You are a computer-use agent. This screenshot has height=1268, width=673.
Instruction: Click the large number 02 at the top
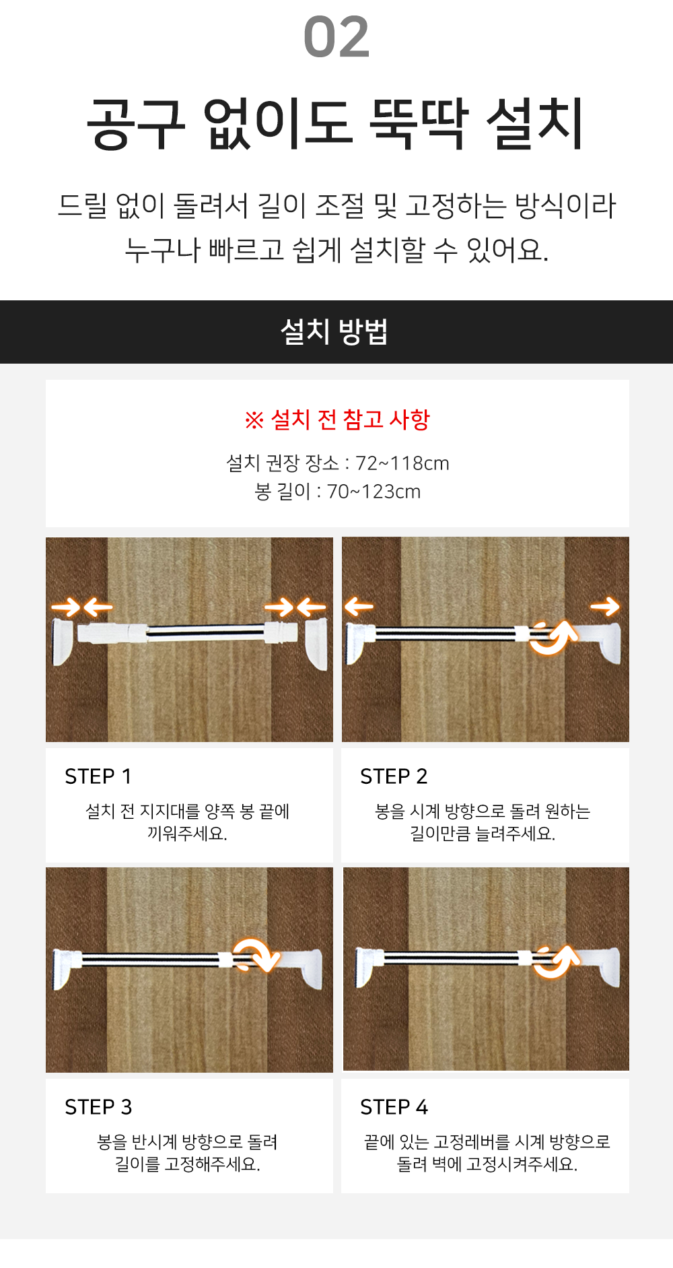point(336,38)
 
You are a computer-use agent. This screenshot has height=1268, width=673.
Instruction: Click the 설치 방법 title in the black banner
point(334,332)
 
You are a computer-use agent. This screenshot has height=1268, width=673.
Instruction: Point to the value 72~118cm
point(402,463)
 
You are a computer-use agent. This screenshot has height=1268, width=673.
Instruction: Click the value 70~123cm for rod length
point(374,492)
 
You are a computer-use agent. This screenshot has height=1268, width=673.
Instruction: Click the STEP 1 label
point(98,776)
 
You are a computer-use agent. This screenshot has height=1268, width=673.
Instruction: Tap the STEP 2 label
point(394,776)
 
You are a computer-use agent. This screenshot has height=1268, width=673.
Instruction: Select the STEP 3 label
point(98,1107)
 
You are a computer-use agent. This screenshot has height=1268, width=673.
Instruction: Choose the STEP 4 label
point(394,1107)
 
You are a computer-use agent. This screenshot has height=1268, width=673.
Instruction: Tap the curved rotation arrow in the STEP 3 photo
point(256,955)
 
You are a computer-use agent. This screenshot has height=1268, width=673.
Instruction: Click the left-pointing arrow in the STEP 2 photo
point(359,607)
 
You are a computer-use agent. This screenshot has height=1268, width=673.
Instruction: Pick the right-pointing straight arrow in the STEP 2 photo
point(604,607)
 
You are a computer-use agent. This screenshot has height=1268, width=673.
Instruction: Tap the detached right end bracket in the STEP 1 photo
point(317,644)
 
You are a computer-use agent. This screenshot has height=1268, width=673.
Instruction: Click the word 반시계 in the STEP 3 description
point(154,1142)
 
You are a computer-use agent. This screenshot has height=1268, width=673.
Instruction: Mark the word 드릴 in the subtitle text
point(82,205)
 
